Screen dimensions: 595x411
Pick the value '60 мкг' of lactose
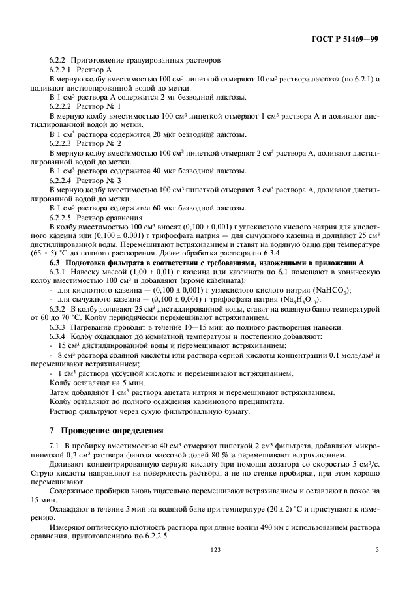tap(127, 208)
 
